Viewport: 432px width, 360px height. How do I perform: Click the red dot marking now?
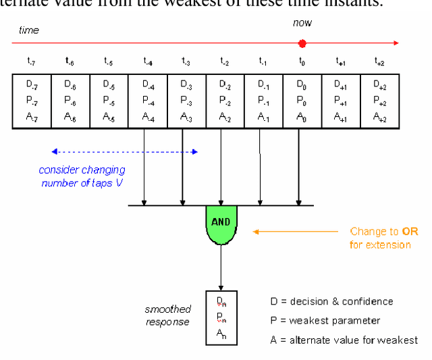(x=302, y=43)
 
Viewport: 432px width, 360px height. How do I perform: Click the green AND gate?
(x=221, y=224)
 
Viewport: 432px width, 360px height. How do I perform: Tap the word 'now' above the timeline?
(x=302, y=23)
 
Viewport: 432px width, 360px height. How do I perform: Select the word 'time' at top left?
(x=29, y=30)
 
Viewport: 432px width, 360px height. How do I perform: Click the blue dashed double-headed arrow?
(x=125, y=151)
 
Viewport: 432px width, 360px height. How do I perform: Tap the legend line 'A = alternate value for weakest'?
(x=344, y=340)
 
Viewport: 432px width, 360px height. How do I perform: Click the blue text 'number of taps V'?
(x=82, y=183)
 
